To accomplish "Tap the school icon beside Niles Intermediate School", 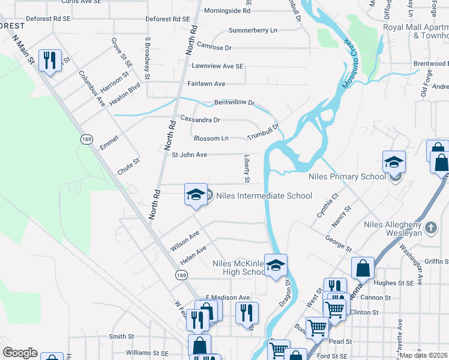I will point(196,194).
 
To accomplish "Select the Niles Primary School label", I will point(347,177).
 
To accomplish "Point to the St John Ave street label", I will point(189,155).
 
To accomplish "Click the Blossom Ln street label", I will point(211,138).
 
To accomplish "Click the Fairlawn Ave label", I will point(206,84).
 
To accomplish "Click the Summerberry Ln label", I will point(253,30).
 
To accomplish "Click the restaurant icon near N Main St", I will point(49,60).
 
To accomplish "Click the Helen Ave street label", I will point(193,254).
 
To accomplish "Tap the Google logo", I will point(20,353).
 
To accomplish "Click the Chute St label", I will point(128,166).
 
